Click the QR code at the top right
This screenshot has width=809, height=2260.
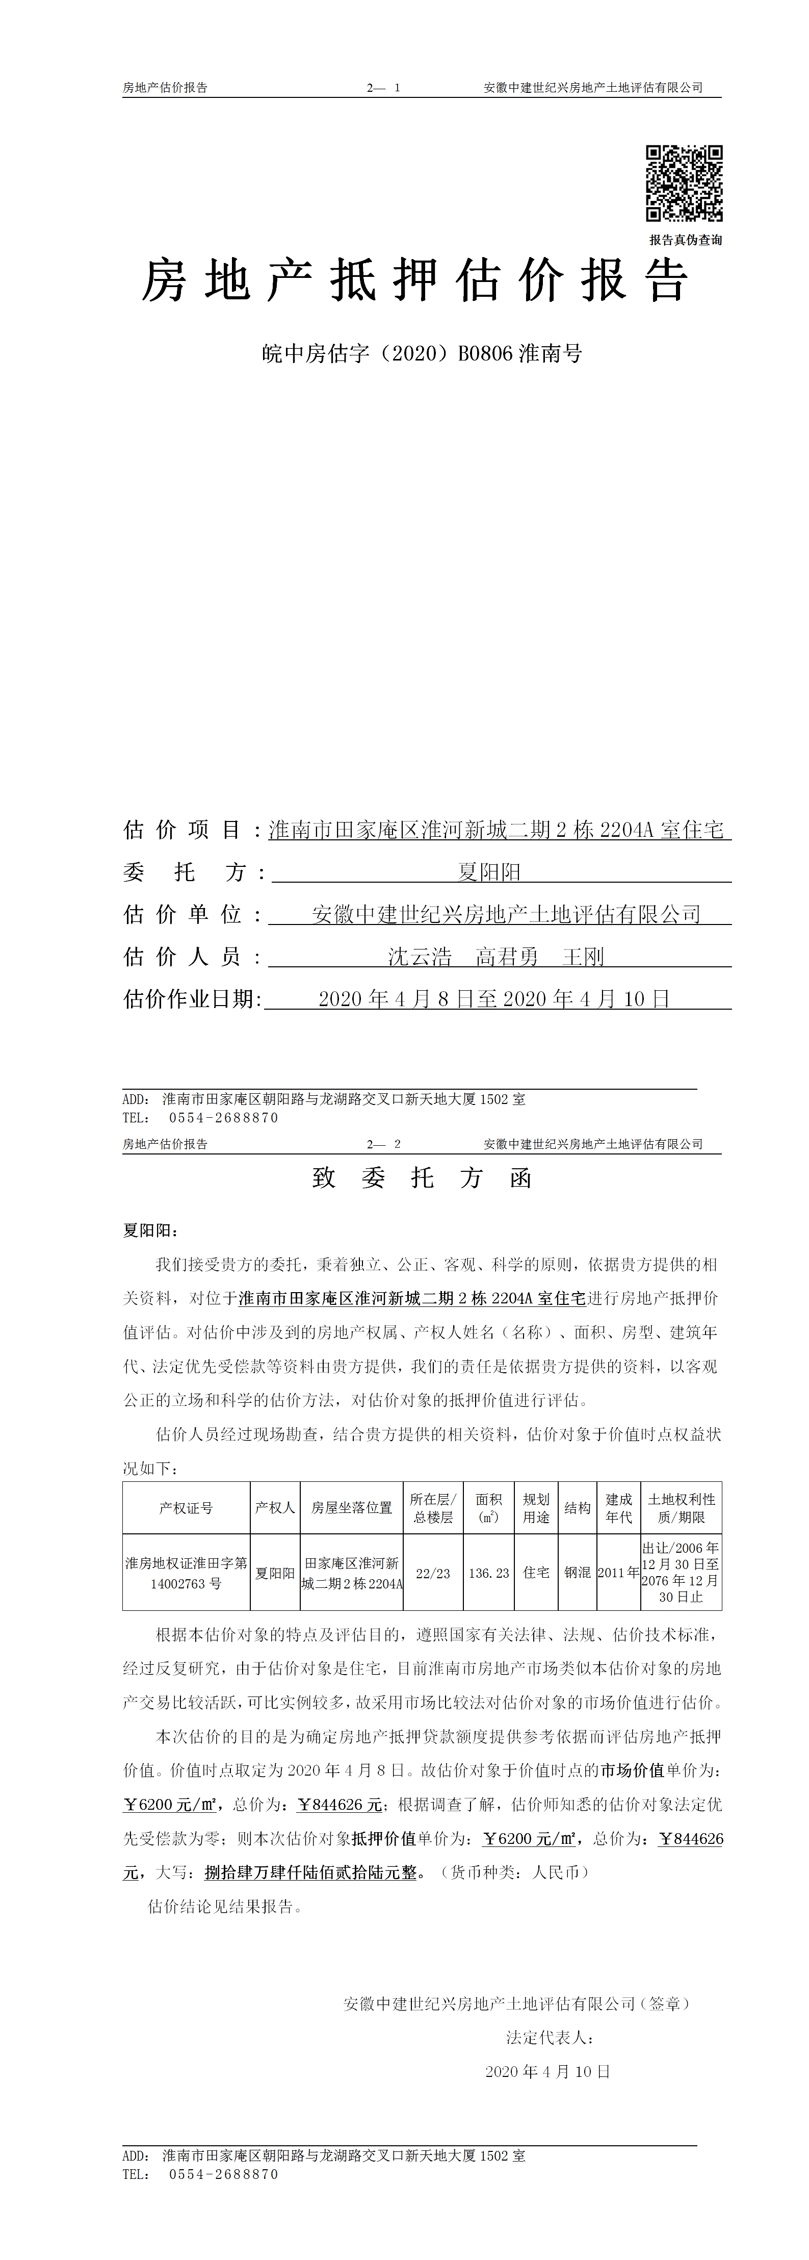click(x=685, y=184)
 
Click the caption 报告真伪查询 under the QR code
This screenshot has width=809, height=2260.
click(x=685, y=240)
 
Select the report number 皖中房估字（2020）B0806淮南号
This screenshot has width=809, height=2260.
click(x=422, y=353)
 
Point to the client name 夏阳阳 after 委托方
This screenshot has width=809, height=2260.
click(x=489, y=872)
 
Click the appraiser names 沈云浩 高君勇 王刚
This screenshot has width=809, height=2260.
click(x=496, y=956)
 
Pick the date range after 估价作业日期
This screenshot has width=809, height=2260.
click(x=494, y=999)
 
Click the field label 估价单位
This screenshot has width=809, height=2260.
click(x=182, y=914)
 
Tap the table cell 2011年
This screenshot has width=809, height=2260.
click(x=618, y=1573)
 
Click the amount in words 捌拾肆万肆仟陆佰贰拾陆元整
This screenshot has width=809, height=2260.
click(x=310, y=1872)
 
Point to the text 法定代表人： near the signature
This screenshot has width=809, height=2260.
click(x=550, y=2037)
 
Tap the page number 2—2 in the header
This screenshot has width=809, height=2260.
click(x=383, y=1144)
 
